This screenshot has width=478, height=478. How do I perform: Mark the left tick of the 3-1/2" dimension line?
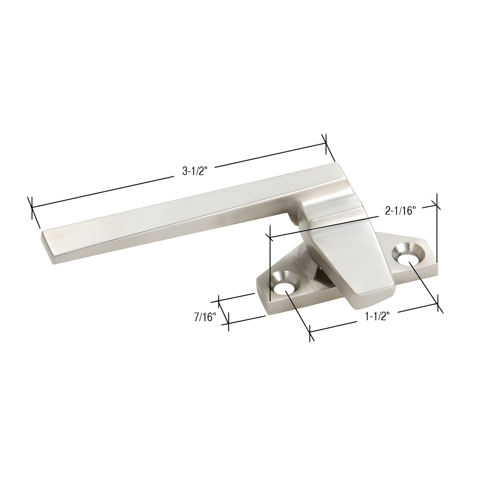click(x=31, y=208)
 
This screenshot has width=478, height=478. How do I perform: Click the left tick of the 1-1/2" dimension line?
click(x=310, y=333)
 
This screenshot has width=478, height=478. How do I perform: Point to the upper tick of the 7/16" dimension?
click(x=219, y=301)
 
